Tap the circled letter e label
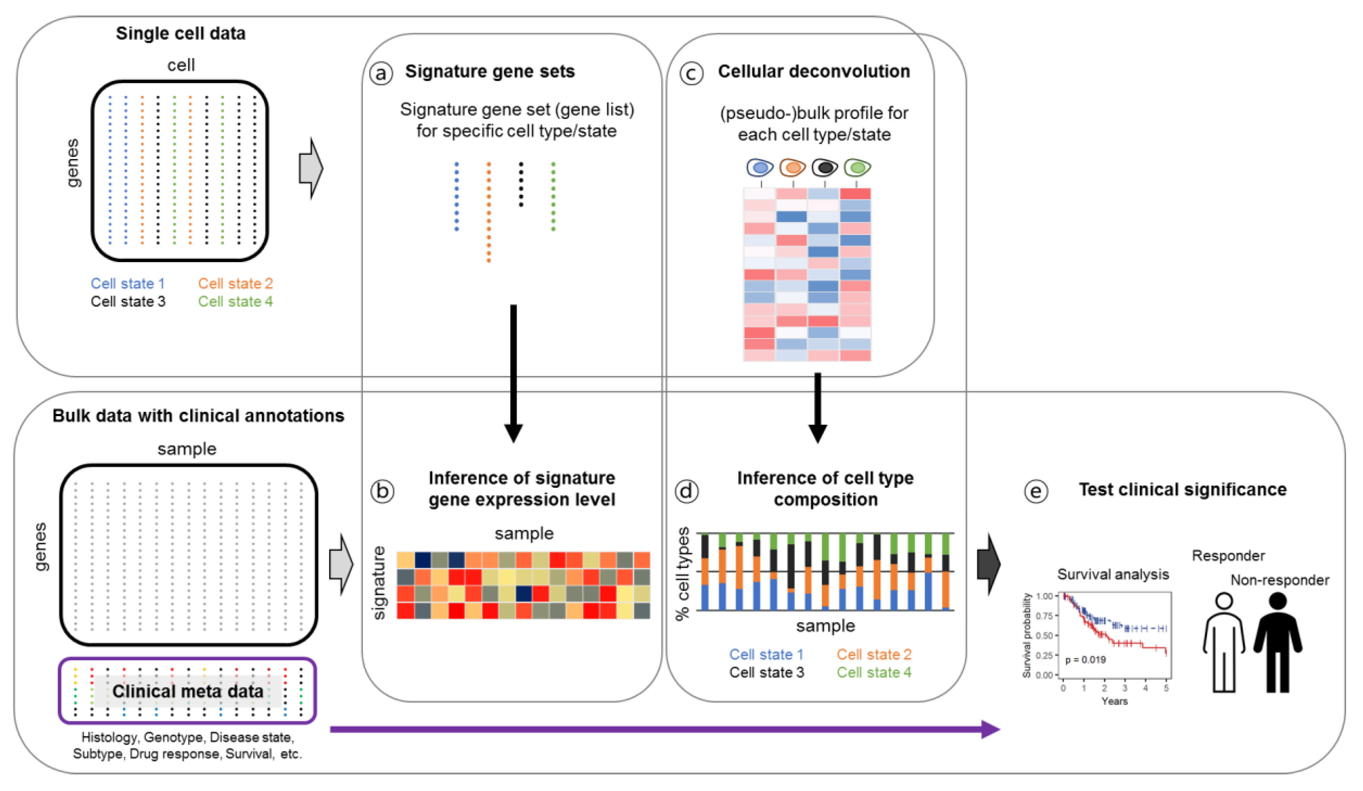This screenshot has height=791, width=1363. click(1036, 491)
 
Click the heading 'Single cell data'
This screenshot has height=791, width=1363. click(181, 34)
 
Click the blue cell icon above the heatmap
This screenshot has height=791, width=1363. click(760, 168)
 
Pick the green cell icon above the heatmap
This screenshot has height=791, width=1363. click(857, 168)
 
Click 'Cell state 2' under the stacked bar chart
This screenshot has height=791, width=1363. click(874, 654)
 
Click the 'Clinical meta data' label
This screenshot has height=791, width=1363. click(188, 691)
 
